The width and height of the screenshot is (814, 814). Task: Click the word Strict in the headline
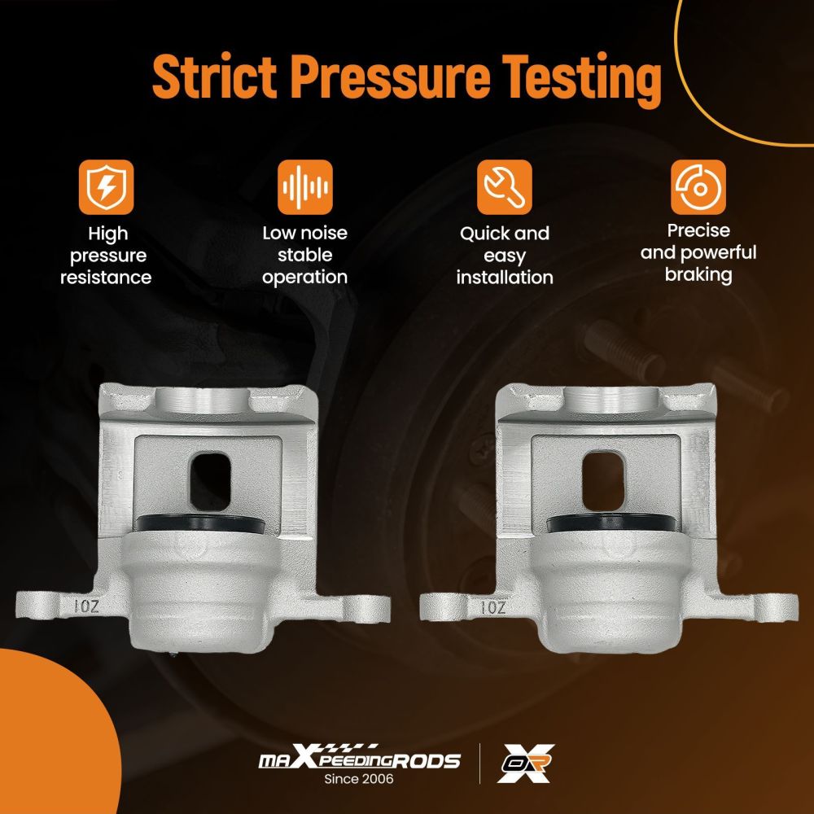click(x=214, y=77)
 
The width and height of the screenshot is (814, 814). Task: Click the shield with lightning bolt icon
click(x=107, y=187)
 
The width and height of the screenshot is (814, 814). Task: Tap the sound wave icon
click(x=304, y=187)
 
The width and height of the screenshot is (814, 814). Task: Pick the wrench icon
click(x=505, y=187)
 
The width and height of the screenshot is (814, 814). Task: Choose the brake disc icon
click(x=698, y=187)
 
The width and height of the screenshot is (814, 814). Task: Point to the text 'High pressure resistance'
click(x=106, y=256)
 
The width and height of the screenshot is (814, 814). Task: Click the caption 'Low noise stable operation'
click(x=304, y=255)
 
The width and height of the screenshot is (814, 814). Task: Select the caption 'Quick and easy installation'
click(x=505, y=256)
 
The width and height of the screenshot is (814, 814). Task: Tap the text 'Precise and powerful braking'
click(x=698, y=253)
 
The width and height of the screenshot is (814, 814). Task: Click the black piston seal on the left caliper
click(x=199, y=523)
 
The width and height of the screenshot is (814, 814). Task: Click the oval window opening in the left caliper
click(x=210, y=481)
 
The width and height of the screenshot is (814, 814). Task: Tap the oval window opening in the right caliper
click(x=603, y=481)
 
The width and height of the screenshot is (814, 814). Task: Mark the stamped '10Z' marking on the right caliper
click(x=492, y=607)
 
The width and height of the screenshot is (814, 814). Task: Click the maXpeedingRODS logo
click(x=359, y=757)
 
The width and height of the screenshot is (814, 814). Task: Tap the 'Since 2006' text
click(x=359, y=779)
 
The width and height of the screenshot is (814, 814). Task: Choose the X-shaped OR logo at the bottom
click(x=525, y=763)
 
